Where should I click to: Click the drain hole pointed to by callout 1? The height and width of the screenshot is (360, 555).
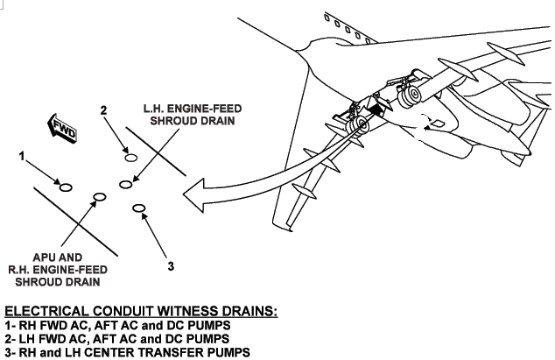tap(64, 185)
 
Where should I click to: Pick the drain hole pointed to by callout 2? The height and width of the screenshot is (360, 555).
tap(130, 159)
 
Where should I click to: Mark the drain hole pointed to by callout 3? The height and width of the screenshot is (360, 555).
tap(137, 208)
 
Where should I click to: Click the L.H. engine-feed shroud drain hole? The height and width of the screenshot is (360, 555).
tap(126, 185)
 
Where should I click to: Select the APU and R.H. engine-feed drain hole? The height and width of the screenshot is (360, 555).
tap(99, 197)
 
